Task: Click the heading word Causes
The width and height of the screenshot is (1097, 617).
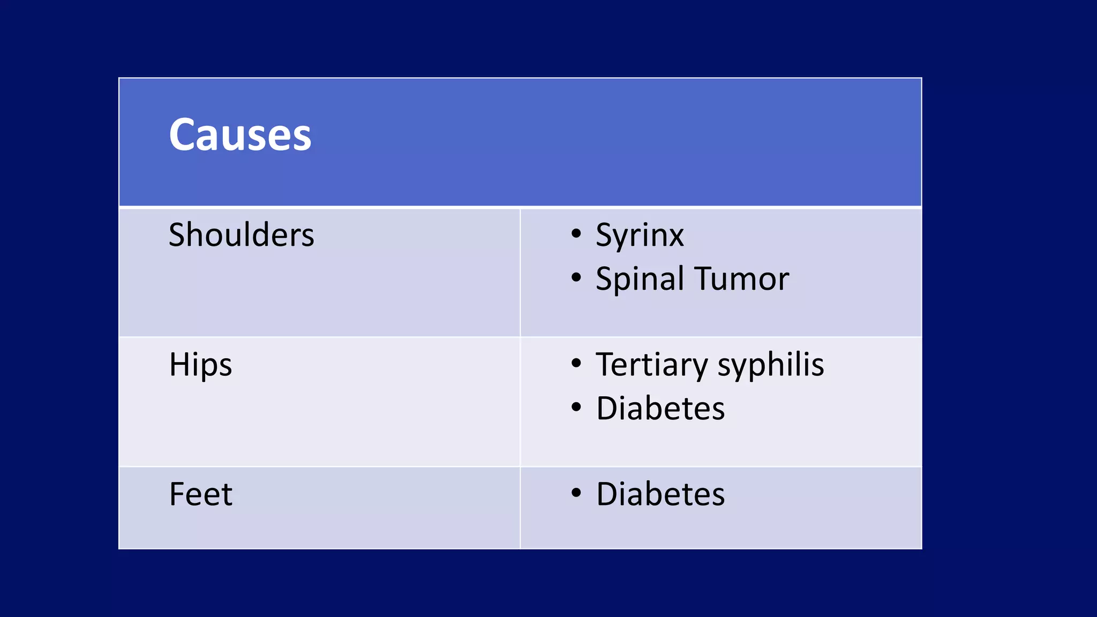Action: pos(239,134)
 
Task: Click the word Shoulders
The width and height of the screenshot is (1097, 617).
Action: pos(241,235)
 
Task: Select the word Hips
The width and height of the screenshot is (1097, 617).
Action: pos(200,366)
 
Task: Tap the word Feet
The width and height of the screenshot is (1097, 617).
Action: pos(200,494)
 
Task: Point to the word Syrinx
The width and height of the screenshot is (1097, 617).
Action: pos(640,236)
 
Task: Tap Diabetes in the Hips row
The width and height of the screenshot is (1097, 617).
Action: pos(660,409)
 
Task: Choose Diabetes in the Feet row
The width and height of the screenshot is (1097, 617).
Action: pos(660,494)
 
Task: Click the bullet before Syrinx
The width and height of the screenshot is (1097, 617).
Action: pos(576,234)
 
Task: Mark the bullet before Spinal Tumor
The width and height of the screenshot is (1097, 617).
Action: pos(576,277)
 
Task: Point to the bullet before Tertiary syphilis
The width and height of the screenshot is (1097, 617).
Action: pos(576,364)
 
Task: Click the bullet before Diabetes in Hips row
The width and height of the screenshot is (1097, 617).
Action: pos(576,407)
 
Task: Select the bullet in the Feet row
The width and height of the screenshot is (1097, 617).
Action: pos(576,492)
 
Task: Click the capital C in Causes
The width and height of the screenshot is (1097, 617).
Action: pos(182,134)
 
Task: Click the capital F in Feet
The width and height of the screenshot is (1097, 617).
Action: pos(177,494)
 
